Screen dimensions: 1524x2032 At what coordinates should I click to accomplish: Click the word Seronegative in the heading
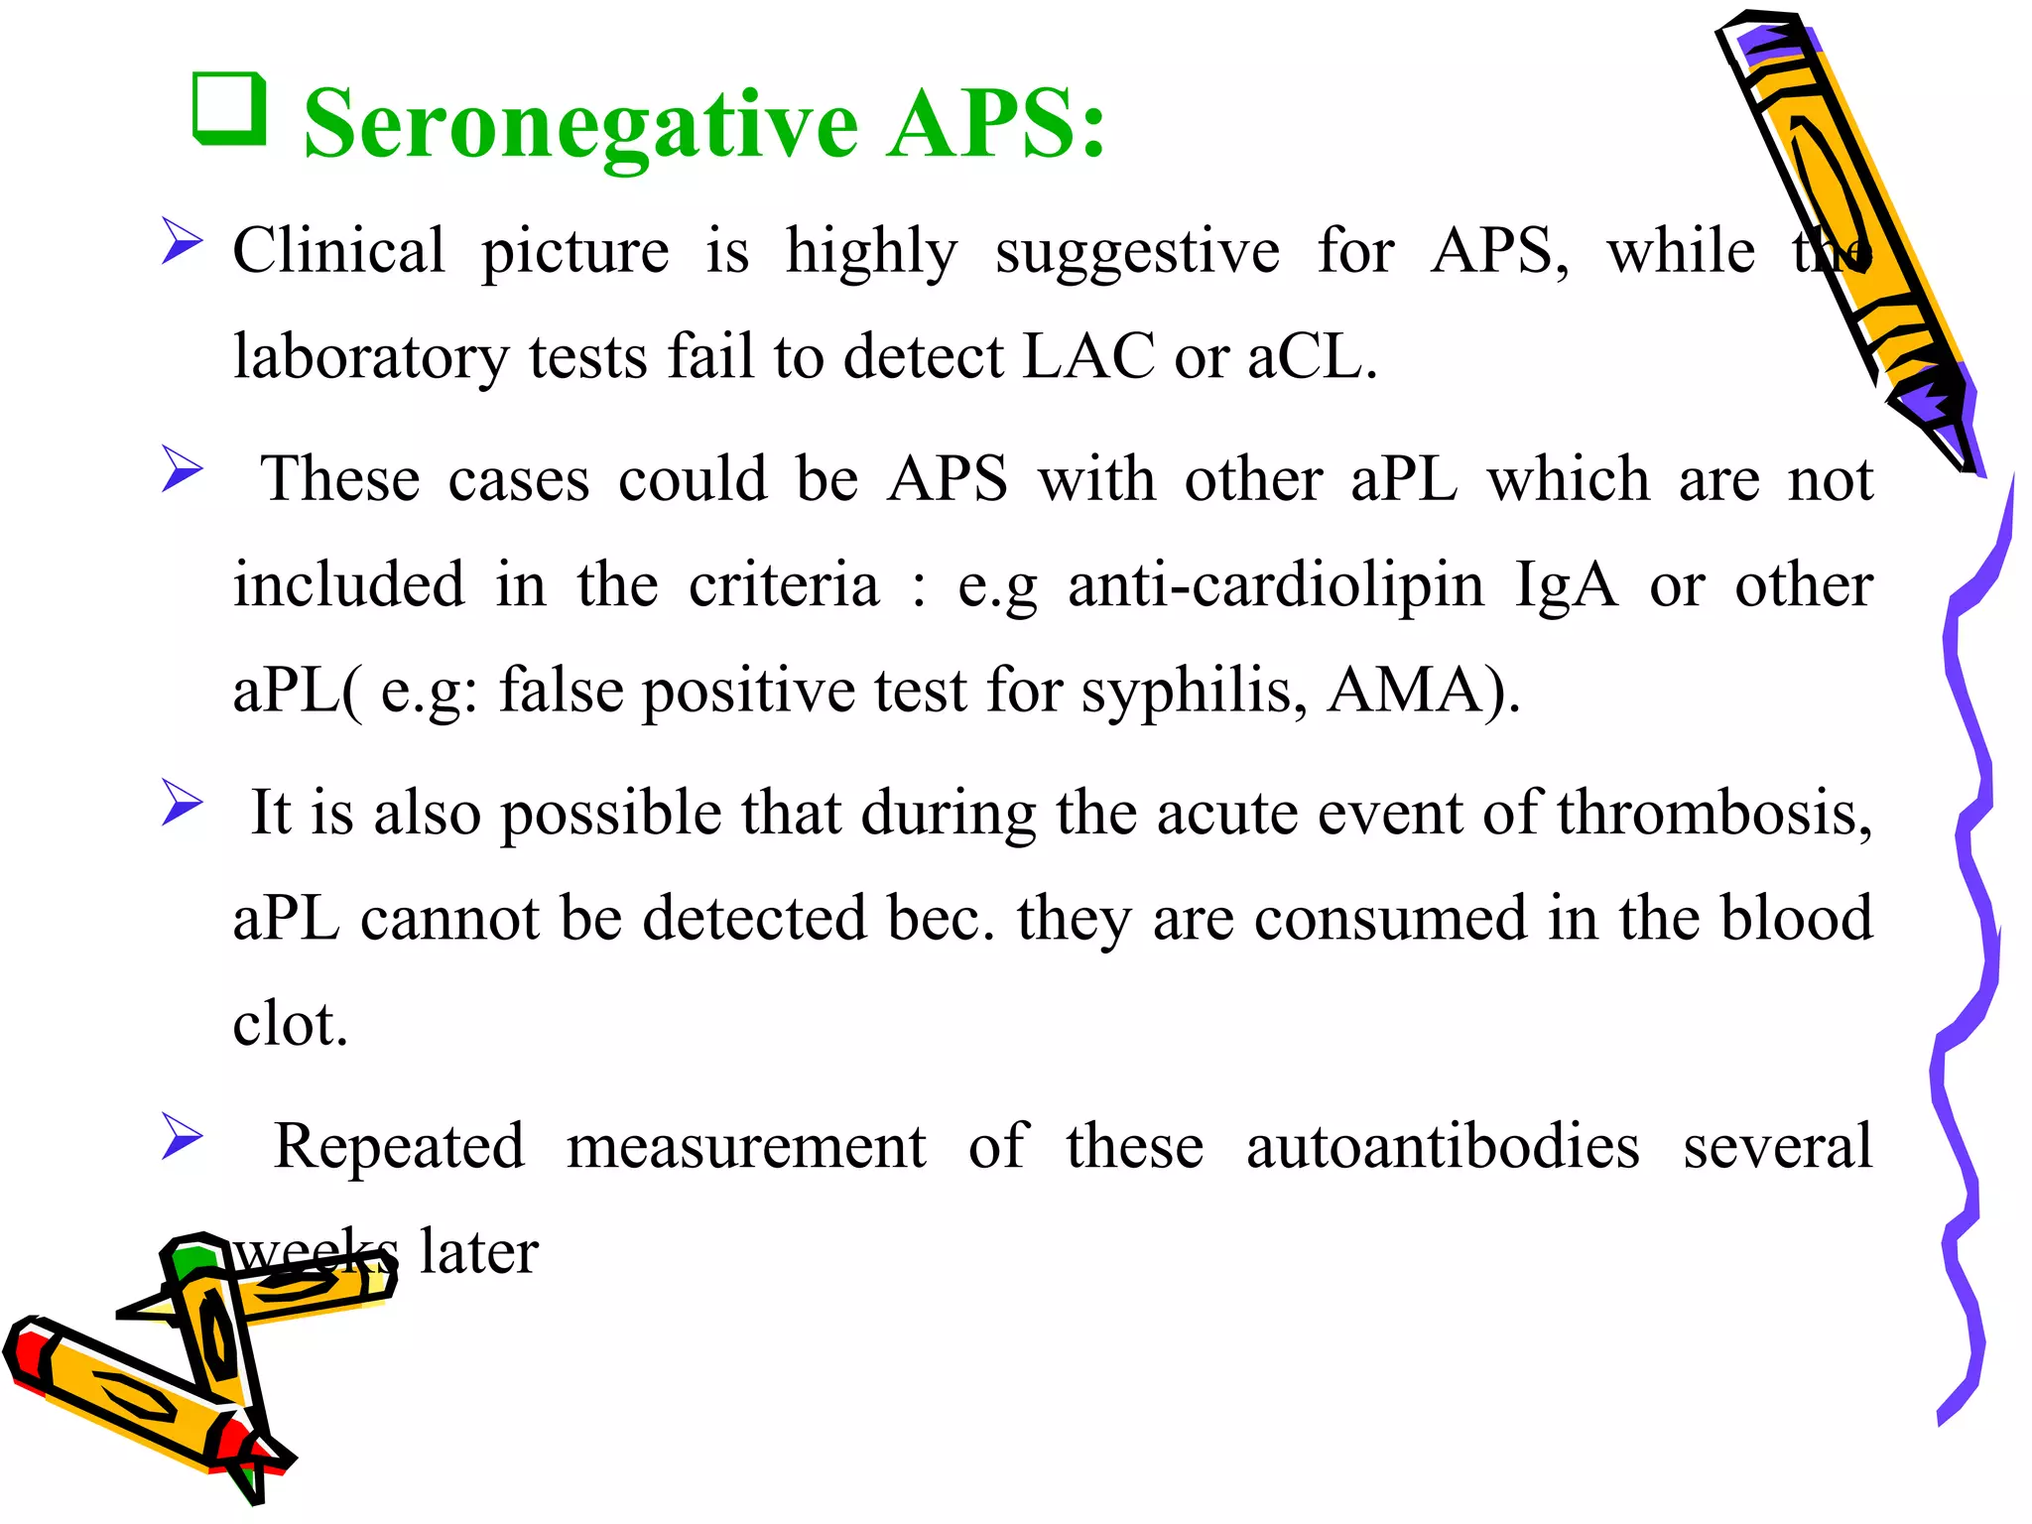point(580,126)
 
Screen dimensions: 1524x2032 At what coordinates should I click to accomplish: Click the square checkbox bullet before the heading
point(230,109)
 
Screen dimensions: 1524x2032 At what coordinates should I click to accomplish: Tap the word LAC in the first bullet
point(1087,356)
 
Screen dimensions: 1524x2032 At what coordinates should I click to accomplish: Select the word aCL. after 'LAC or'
point(1312,356)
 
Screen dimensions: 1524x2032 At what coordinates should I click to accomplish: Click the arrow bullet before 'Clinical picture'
point(183,243)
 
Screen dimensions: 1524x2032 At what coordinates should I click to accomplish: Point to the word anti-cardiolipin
point(1275,585)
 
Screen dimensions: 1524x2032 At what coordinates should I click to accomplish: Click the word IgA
point(1566,585)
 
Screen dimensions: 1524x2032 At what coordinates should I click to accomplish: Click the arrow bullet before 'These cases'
point(183,468)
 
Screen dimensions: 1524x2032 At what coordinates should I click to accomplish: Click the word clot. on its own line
point(290,1024)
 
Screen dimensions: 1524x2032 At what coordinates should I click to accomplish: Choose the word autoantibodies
point(1443,1147)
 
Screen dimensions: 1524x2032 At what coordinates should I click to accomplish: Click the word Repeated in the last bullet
point(399,1147)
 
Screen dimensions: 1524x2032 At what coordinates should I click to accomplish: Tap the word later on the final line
point(478,1252)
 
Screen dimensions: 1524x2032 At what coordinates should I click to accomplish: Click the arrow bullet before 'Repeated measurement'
point(183,1136)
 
